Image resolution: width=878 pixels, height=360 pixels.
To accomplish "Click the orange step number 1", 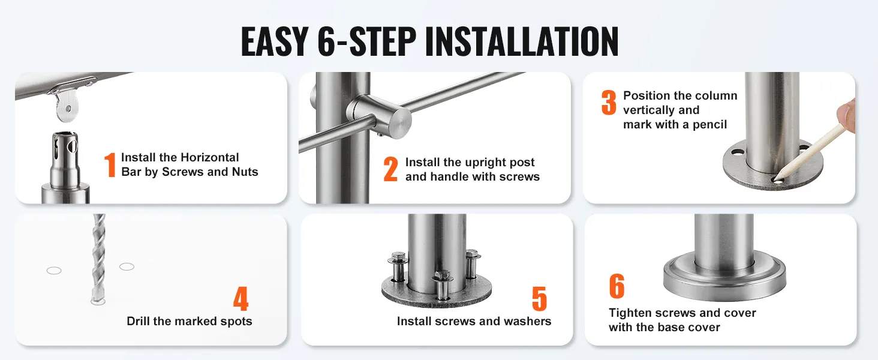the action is point(110,165).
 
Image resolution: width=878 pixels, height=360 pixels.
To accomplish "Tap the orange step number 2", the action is point(391,169).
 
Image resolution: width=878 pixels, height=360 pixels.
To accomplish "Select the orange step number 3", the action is point(609,103).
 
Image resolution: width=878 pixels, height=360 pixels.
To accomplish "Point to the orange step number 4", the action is point(240,298).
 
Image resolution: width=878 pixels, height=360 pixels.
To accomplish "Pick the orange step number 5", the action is point(539,298).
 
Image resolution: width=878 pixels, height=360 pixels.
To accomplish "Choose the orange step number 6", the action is point(617,286).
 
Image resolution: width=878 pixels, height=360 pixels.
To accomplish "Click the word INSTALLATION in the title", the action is point(522,41).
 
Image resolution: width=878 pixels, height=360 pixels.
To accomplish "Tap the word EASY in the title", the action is point(275,41).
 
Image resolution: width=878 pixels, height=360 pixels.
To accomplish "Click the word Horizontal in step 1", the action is point(209,157).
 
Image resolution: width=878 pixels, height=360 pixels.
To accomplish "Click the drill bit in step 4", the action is point(98,259).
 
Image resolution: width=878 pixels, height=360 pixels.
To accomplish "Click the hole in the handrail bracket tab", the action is point(68,109).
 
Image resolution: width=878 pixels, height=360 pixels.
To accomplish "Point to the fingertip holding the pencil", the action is point(847,115).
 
